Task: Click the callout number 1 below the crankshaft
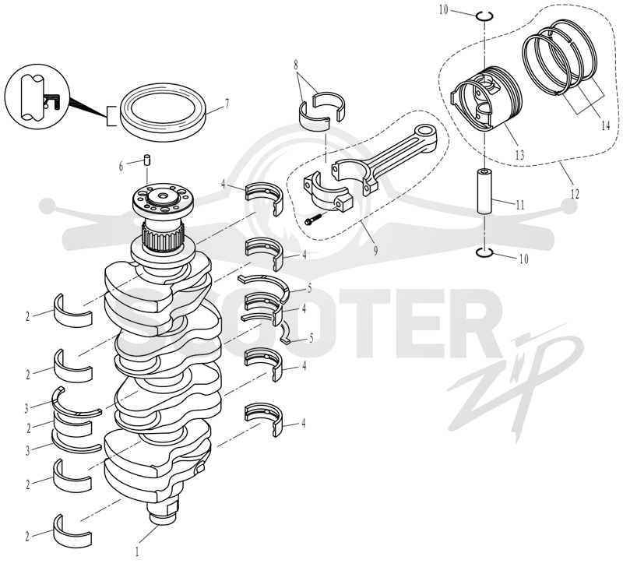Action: pos(138,552)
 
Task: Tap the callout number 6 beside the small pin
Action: pos(121,166)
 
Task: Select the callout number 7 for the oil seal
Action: pos(227,104)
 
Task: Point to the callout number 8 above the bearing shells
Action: pos(296,65)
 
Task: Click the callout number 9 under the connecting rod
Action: pos(375,250)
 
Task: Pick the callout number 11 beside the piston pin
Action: pos(520,205)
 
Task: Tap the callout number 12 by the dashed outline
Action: pos(575,194)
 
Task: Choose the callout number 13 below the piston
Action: pos(519,154)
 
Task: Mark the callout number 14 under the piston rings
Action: pos(605,126)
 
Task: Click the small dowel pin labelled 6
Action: pos(147,160)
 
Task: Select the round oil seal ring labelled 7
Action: pos(164,111)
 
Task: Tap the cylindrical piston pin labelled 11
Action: pos(484,192)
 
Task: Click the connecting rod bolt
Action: pos(313,219)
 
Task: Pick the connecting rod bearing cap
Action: pos(328,192)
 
